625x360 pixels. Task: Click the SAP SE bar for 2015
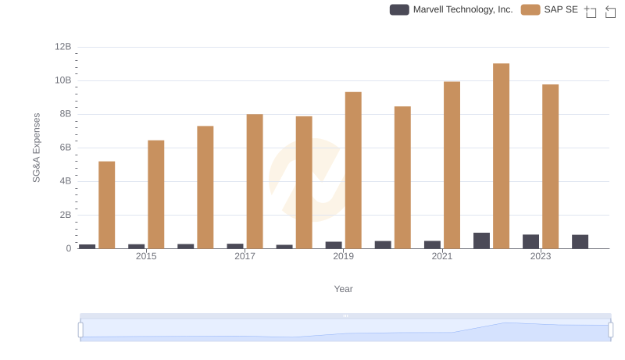[156, 194]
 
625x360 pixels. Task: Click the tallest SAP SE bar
[501, 156]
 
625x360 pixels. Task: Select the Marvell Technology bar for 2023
[530, 241]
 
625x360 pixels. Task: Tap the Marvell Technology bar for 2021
[432, 244]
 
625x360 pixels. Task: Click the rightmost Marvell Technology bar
[580, 241]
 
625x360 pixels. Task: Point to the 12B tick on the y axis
[62, 47]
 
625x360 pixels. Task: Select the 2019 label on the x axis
[343, 256]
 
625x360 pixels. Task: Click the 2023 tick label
[540, 256]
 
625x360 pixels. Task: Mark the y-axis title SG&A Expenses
[36, 148]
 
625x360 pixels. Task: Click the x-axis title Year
[343, 289]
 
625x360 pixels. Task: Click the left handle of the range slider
[80, 330]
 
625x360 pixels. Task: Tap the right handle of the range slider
[610, 330]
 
